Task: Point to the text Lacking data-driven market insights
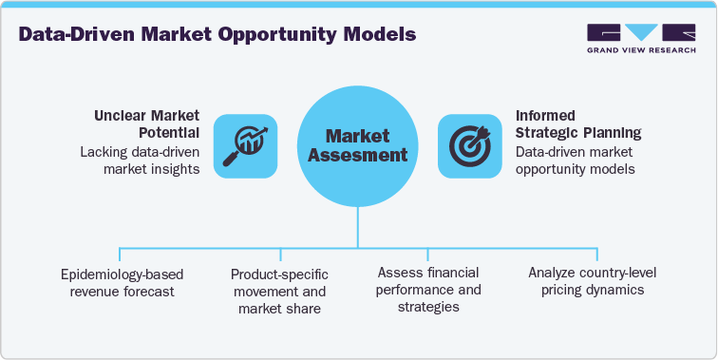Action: (x=142, y=160)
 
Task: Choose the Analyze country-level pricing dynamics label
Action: (x=593, y=281)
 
